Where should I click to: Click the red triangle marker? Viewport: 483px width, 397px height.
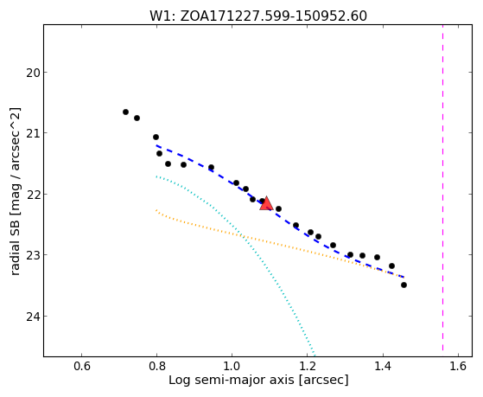(x=266, y=203)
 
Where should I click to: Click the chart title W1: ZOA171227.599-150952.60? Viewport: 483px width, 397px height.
(x=258, y=16)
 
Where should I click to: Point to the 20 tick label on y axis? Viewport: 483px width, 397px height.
(x=32, y=74)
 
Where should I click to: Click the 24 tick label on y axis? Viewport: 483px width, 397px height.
(x=32, y=317)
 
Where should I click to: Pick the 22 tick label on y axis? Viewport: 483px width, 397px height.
(x=32, y=195)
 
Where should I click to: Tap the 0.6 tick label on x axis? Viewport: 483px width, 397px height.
(x=81, y=366)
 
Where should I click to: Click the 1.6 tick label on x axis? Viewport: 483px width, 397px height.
(x=458, y=366)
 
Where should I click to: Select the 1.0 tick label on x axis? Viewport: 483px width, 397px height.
(x=232, y=366)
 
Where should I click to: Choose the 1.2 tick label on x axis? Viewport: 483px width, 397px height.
(x=308, y=366)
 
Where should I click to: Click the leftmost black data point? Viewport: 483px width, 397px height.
(x=125, y=112)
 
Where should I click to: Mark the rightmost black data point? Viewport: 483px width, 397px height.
(x=404, y=285)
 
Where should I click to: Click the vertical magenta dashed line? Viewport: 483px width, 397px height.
(x=442, y=188)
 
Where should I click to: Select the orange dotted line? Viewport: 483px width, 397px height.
(x=277, y=244)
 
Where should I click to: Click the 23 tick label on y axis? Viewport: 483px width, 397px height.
(x=32, y=256)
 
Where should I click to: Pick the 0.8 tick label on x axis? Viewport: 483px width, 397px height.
(x=156, y=366)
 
